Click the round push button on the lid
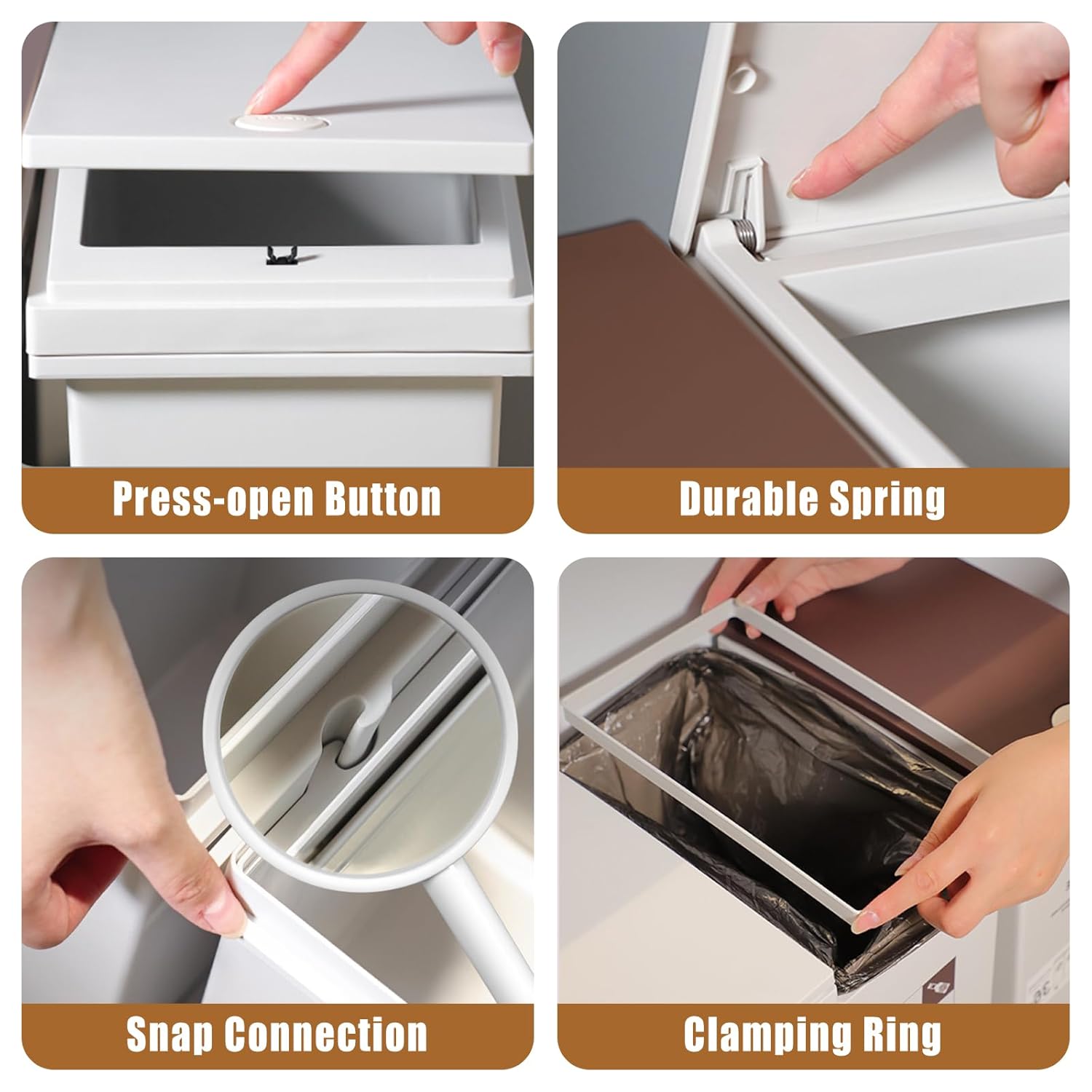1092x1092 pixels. pyautogui.click(x=266, y=120)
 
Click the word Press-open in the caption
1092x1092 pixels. pyautogui.click(x=212, y=499)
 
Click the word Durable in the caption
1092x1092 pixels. pyautogui.click(x=740, y=499)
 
